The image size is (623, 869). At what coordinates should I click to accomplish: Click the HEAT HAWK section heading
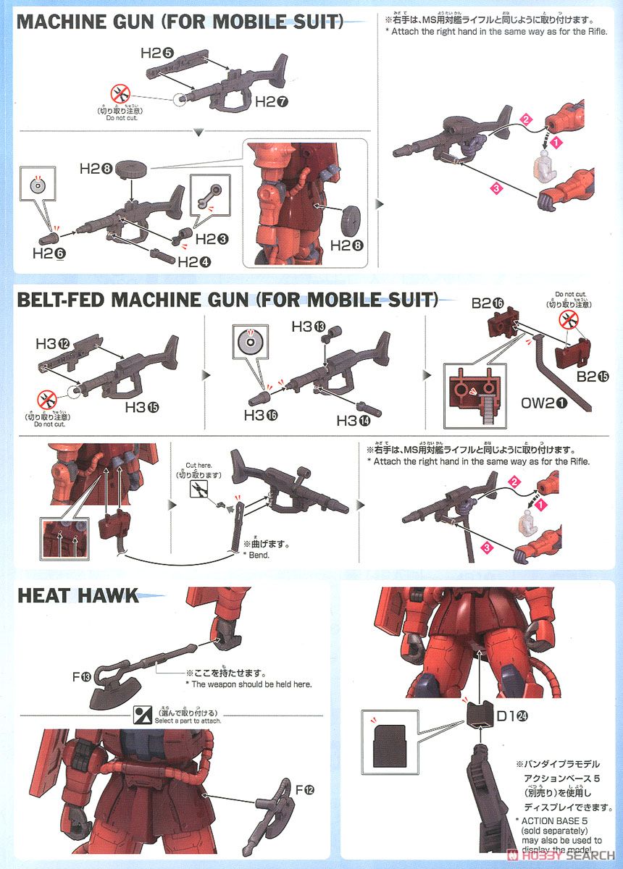tap(78, 595)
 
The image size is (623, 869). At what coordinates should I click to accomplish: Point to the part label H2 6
tap(49, 253)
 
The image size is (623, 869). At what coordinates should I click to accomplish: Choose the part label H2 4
tap(193, 261)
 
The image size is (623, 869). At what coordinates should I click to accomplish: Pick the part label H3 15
tap(141, 407)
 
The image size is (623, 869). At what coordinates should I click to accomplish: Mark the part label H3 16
tap(261, 415)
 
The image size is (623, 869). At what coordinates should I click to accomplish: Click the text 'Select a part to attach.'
tap(188, 721)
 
